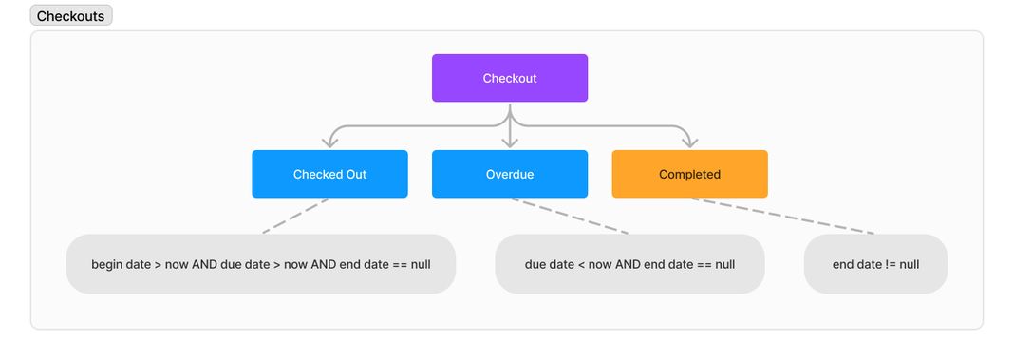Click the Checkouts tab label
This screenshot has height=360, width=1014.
click(x=71, y=16)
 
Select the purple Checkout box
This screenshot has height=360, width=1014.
click(x=510, y=78)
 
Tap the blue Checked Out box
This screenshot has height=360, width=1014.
click(x=329, y=174)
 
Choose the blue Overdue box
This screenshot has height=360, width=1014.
click(x=510, y=174)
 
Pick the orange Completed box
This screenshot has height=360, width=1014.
click(x=689, y=174)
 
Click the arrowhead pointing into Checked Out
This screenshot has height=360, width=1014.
click(x=329, y=142)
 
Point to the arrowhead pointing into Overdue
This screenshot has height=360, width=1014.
click(x=510, y=142)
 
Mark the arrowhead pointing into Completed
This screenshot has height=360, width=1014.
click(x=689, y=142)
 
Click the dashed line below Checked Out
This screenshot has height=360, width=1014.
click(x=295, y=216)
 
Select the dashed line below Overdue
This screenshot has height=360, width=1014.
click(x=570, y=216)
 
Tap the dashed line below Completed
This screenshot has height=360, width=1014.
click(x=782, y=216)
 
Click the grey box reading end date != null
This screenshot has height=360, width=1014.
click(x=875, y=264)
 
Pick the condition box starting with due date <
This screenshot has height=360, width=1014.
click(x=629, y=264)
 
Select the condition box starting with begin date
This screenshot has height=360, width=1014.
click(x=261, y=264)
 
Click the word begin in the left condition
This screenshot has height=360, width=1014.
click(x=106, y=264)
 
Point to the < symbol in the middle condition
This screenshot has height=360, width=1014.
click(x=581, y=264)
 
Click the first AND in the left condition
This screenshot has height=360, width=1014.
click(x=204, y=264)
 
